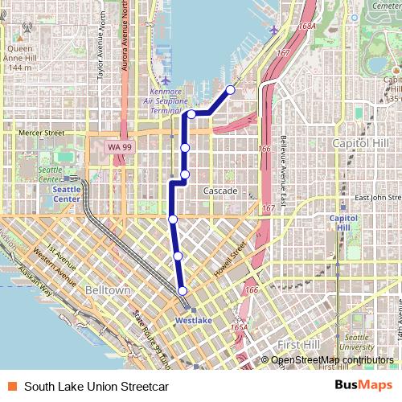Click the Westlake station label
[194, 320]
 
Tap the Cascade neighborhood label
[219, 191]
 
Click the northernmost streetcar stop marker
[231, 89]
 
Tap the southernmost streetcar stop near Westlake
[183, 291]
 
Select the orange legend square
[12, 386]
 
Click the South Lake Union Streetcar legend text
[96, 386]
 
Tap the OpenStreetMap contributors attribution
[332, 360]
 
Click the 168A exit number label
[306, 27]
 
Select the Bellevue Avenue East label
[284, 161]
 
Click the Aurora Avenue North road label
[125, 36]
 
